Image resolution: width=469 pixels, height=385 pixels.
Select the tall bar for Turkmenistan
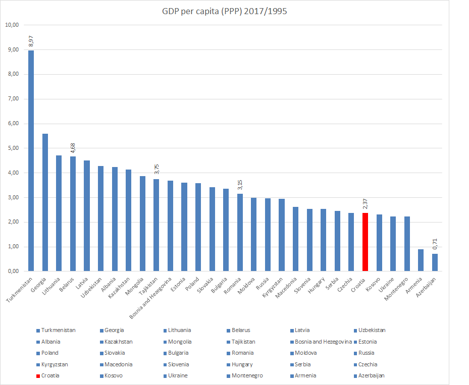pos(31,161)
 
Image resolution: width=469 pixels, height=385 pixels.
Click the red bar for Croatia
pos(365,242)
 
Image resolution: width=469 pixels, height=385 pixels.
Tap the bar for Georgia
pos(45,202)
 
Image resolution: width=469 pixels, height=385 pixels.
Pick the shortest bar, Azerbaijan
pos(435,262)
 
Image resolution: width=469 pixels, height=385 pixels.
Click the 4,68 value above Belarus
pos(73,148)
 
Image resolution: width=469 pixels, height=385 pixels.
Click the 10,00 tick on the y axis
pos(12,25)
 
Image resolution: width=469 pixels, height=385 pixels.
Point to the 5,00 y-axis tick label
pos(12,148)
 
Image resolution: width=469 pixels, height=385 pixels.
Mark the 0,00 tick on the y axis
pos(12,271)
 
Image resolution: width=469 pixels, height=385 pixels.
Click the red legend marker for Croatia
pos(38,376)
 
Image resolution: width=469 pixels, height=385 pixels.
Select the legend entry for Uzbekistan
pos(372,331)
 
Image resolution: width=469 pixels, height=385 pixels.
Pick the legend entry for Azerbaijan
pos(372,376)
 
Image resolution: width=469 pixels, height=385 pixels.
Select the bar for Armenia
pos(421,260)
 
